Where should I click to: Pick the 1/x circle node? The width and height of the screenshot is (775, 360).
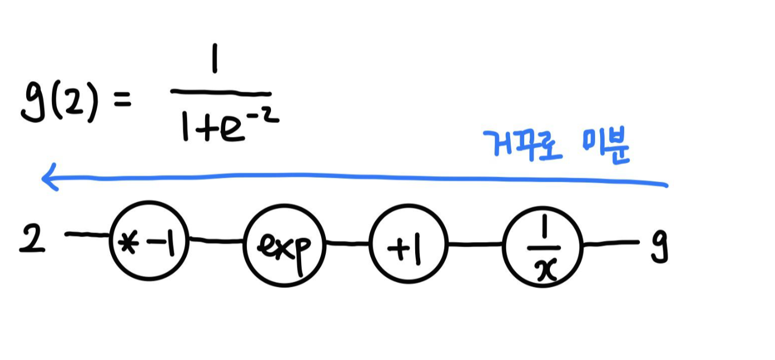543,246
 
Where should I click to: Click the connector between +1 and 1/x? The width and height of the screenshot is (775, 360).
475,244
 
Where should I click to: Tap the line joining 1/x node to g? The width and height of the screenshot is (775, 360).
610,243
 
